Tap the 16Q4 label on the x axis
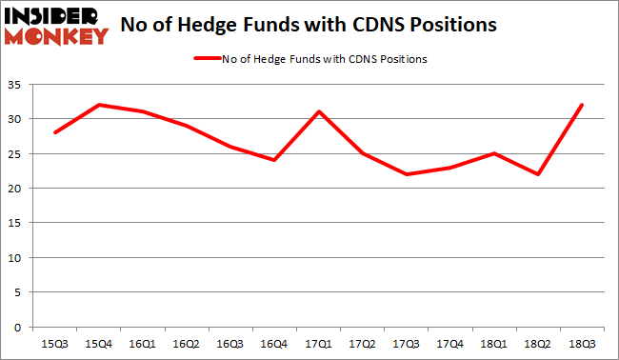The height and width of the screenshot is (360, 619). click(x=274, y=341)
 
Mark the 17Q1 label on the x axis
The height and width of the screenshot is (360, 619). click(x=318, y=341)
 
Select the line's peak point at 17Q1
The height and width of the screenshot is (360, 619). click(x=318, y=111)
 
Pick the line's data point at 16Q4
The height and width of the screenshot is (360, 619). click(x=274, y=160)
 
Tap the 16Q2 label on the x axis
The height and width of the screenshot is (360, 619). click(x=188, y=341)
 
